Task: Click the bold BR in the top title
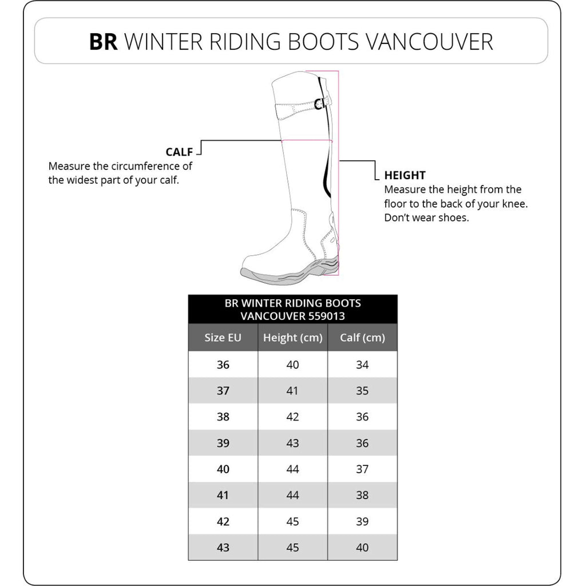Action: [x=103, y=42]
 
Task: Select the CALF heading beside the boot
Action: [x=179, y=152]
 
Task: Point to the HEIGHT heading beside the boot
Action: [x=405, y=176]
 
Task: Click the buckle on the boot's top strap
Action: [x=321, y=104]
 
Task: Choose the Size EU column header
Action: [x=223, y=338]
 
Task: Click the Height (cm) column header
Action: [x=292, y=338]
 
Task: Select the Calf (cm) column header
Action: [x=362, y=338]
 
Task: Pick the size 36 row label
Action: [x=223, y=365]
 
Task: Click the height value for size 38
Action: [x=292, y=417]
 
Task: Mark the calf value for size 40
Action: [x=362, y=469]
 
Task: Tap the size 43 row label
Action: [x=223, y=548]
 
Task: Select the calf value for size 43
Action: [x=362, y=548]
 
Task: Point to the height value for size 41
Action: [x=292, y=495]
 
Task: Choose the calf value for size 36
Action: [x=362, y=365]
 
